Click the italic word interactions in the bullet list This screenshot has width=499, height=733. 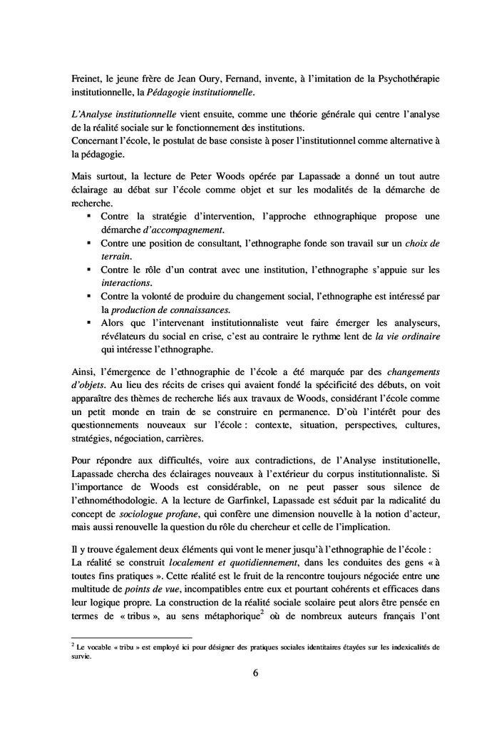pyautogui.click(x=125, y=283)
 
